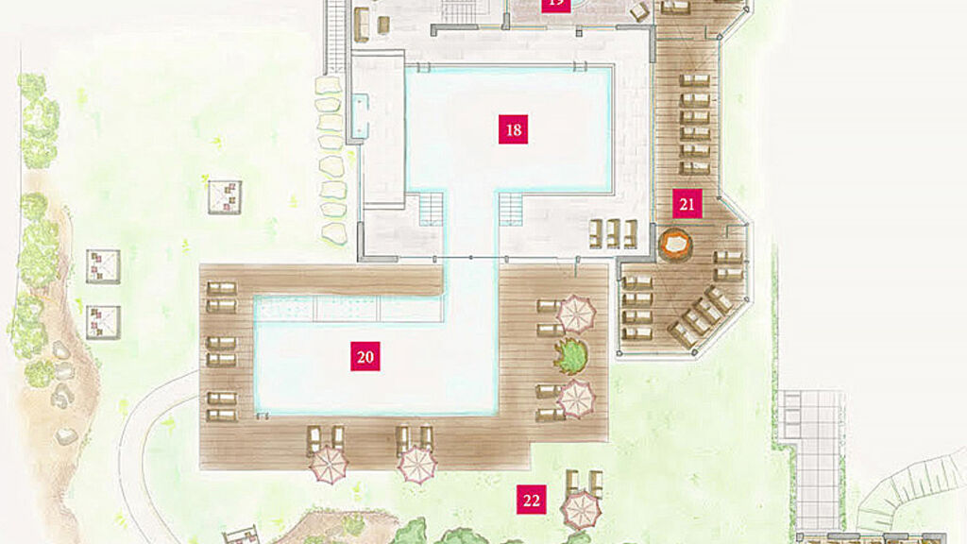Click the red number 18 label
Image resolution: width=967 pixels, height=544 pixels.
click(x=513, y=129)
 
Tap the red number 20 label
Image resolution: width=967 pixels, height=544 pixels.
click(x=365, y=356)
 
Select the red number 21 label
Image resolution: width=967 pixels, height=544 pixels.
click(x=687, y=203)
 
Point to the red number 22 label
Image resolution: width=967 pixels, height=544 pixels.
click(x=531, y=500)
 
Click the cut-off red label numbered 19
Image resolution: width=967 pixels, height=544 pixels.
click(x=555, y=4)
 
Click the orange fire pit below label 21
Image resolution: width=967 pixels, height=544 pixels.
click(x=675, y=246)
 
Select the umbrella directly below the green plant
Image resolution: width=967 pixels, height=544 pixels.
click(x=576, y=398)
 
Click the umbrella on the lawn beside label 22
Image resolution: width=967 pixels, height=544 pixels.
click(x=580, y=511)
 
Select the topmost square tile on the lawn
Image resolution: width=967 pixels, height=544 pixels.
click(x=225, y=196)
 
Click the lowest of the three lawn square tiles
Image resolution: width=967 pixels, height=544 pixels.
click(x=103, y=322)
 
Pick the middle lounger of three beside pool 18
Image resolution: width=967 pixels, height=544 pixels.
click(x=613, y=232)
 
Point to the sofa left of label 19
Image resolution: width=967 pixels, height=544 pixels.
click(x=360, y=25)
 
